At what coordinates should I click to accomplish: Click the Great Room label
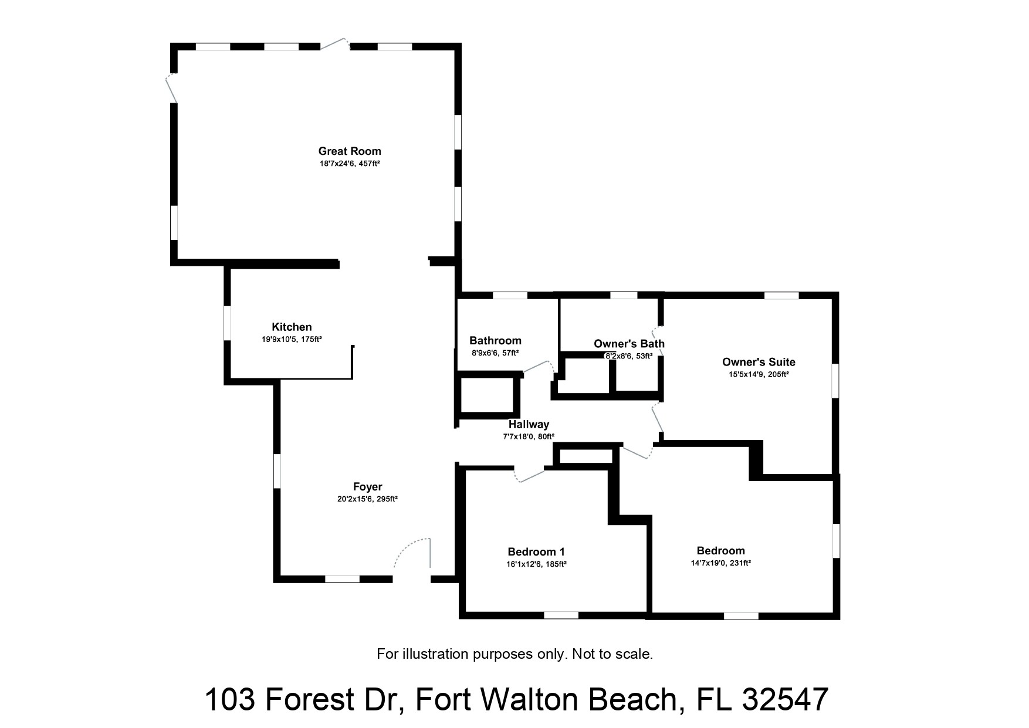[x=350, y=151]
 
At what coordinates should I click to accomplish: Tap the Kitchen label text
[x=292, y=327]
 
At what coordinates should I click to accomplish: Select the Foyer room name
[x=367, y=487]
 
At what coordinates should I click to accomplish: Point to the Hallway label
[x=529, y=425]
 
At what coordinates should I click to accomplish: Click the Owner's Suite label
[x=759, y=363]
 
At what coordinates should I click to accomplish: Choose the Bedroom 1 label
[x=536, y=552]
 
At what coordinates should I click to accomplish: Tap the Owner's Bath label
[x=629, y=344]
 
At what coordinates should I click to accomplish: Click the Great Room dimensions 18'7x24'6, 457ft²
[x=350, y=164]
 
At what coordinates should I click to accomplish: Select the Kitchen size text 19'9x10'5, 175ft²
[x=292, y=340]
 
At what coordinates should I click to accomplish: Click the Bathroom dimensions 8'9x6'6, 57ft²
[x=495, y=353]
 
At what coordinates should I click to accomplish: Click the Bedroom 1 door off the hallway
[x=530, y=475]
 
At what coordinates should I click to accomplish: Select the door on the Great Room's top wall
[x=334, y=44]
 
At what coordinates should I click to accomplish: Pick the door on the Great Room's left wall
[x=171, y=88]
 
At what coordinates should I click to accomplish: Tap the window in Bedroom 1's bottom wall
[x=561, y=615]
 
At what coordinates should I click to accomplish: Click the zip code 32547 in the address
[x=785, y=700]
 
